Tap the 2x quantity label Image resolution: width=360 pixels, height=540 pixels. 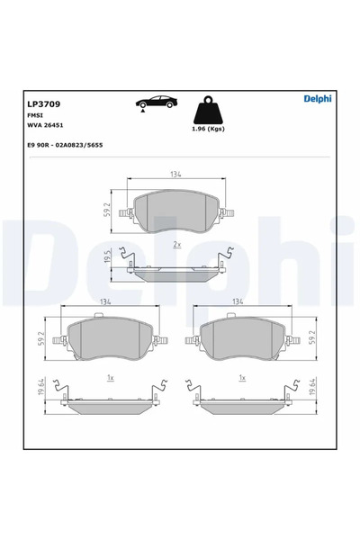177,245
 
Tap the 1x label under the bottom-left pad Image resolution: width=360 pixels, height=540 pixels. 109,378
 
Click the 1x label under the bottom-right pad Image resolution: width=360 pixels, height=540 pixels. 241,378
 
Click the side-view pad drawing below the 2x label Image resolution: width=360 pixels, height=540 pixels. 177,269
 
